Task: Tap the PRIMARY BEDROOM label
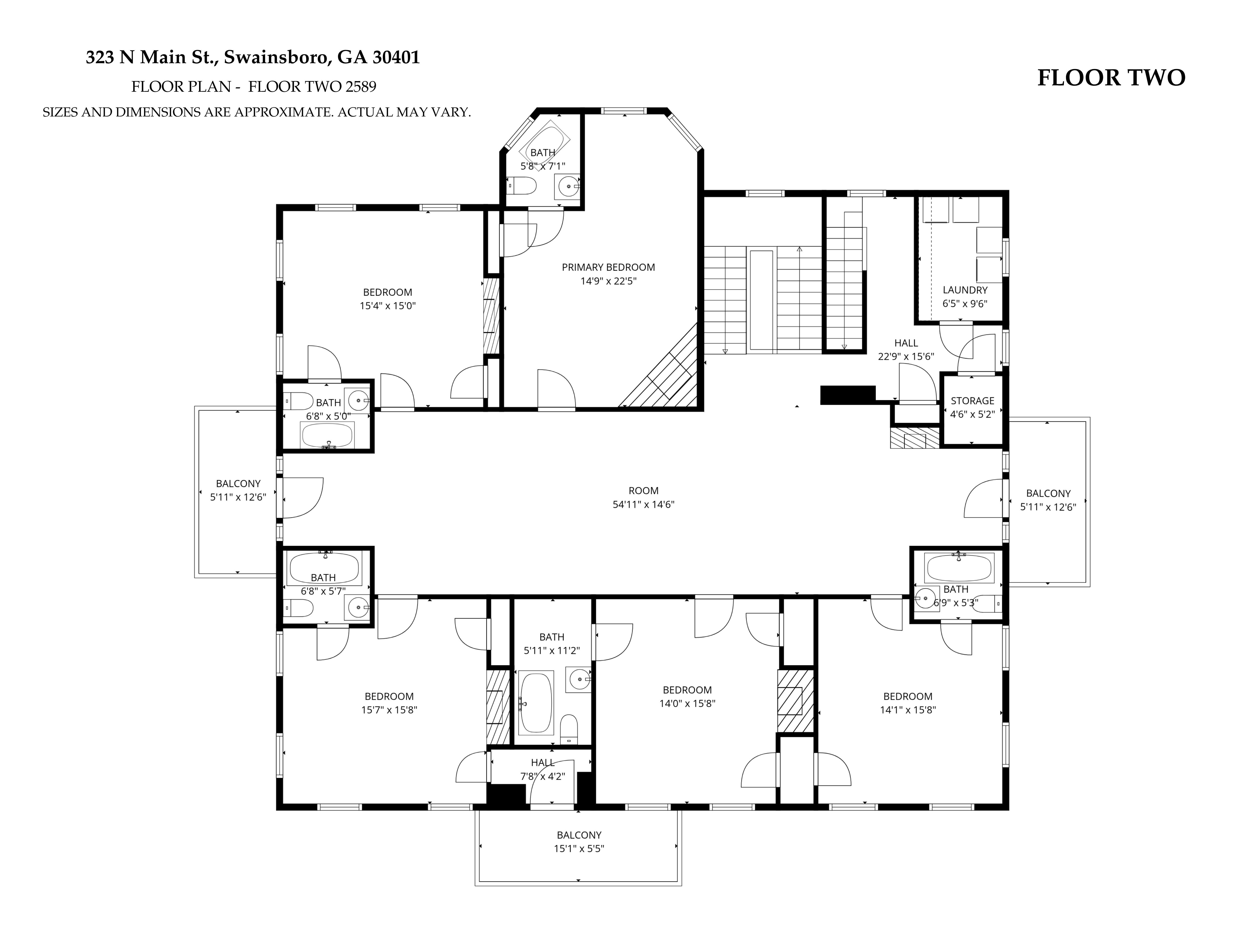pos(608,267)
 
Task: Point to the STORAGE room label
pos(973,401)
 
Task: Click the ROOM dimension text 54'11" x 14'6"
pos(643,504)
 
